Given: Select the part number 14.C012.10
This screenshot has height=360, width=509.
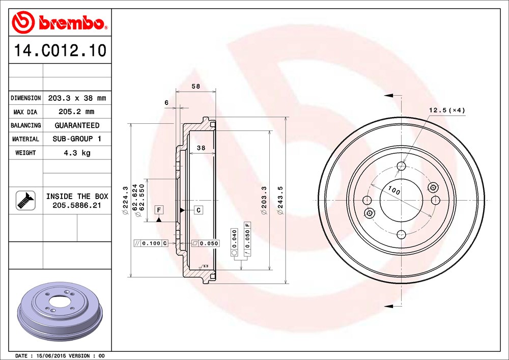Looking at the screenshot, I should point(60,50).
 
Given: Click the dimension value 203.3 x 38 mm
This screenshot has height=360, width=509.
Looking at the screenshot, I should point(77,98).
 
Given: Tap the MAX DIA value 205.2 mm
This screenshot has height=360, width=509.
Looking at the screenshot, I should point(77,112).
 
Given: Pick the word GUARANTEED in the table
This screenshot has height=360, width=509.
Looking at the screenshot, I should point(77,125).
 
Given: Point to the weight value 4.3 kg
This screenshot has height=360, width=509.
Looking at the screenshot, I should point(77,153).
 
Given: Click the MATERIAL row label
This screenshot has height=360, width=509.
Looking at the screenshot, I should point(25,139).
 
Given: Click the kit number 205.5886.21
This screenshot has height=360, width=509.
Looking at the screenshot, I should point(77,205).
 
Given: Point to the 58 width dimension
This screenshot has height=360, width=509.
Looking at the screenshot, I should point(195,87).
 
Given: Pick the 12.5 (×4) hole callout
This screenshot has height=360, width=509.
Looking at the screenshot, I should point(447,110).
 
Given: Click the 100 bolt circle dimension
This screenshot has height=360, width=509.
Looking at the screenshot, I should point(394,191).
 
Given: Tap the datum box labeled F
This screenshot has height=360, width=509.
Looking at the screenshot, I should point(159,210).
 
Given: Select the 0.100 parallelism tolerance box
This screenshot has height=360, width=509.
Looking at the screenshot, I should point(151,243).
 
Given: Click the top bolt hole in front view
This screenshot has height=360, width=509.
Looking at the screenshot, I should point(402,166).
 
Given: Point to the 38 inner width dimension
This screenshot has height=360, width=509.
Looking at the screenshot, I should point(201,148).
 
